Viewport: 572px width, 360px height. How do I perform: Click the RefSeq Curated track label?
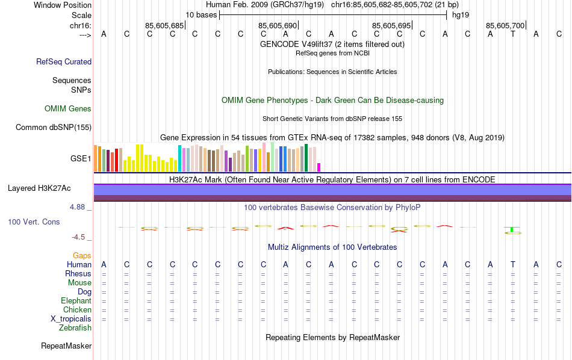point(64,61)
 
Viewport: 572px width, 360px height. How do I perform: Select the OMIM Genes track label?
point(68,109)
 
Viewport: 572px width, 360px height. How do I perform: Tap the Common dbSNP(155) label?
point(54,127)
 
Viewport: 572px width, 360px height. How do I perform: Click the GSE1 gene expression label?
point(81,159)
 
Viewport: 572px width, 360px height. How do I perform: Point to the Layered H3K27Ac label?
point(39,188)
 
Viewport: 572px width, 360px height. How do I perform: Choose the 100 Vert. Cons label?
point(34,222)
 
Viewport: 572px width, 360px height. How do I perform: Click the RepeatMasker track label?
point(66,346)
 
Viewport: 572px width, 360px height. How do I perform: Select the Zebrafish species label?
point(75,328)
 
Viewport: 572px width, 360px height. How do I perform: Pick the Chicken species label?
point(77,310)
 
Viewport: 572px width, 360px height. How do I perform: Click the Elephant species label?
point(76,301)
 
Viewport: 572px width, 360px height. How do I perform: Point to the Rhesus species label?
point(78,274)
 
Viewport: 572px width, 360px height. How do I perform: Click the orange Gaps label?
point(82,256)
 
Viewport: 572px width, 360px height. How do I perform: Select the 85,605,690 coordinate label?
point(278,25)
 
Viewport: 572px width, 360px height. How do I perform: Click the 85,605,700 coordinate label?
point(505,25)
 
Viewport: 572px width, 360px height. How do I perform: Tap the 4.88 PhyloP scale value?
point(78,207)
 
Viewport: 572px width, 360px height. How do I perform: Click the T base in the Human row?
point(513,264)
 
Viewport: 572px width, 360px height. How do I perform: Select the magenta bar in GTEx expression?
point(319,167)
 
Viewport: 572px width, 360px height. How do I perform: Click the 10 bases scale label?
point(201,15)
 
